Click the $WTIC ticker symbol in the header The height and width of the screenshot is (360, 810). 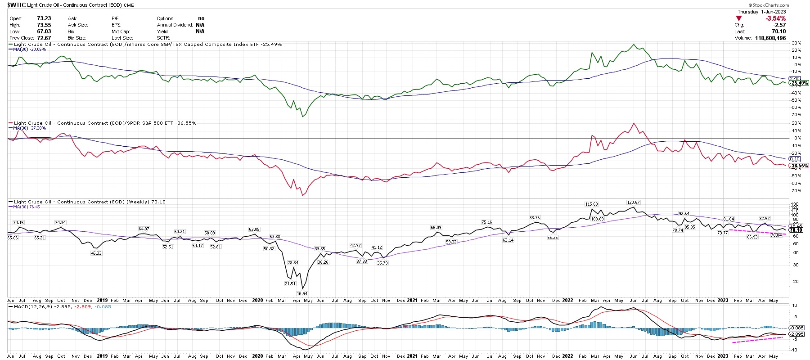click(16, 5)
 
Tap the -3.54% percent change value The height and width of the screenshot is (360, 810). click(775, 18)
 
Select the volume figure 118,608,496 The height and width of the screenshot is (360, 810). click(768, 38)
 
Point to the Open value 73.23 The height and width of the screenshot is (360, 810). click(44, 18)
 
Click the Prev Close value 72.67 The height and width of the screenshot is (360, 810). click(44, 38)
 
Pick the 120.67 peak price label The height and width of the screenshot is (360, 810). click(633, 202)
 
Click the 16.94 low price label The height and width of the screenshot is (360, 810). click(301, 293)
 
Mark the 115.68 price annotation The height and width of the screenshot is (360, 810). click(591, 204)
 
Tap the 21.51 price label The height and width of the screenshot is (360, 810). click(290, 284)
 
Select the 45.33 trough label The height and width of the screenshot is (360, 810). click(96, 253)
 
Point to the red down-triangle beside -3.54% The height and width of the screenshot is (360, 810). click(738, 18)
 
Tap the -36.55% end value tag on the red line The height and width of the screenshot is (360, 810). click(800, 166)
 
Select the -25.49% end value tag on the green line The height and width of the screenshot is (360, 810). click(800, 83)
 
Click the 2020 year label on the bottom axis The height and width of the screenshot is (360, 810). click(257, 356)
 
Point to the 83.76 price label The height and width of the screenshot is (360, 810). click(534, 218)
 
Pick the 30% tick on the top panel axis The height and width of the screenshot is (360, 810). click(796, 43)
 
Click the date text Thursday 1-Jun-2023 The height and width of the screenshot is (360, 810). click(761, 12)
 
